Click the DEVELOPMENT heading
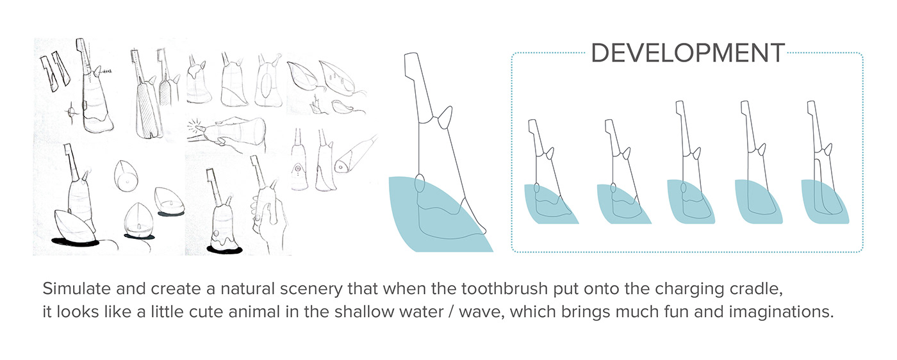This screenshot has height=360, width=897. click(687, 53)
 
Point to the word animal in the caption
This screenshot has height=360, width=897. click(254, 311)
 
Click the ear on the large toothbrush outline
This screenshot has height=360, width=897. click(445, 117)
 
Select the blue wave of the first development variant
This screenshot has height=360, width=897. click(548, 205)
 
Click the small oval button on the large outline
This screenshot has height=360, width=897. click(419, 183)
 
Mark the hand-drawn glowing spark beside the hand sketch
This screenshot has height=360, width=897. click(196, 127)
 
